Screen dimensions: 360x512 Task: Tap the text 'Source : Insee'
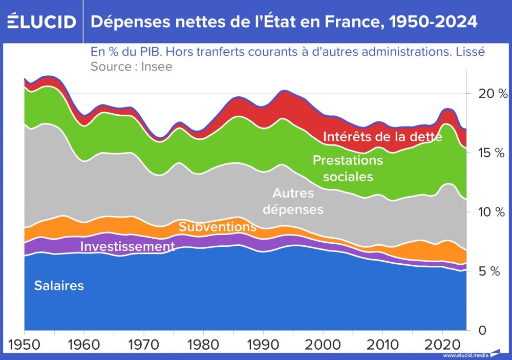pos(132,67)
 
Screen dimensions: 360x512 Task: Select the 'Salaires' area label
pos(59,286)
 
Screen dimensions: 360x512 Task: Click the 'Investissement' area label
pos(127,247)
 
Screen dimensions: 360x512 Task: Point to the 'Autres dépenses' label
pos(297,201)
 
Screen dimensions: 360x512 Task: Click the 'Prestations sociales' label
pos(348,168)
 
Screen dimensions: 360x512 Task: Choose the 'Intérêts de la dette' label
pos(382,137)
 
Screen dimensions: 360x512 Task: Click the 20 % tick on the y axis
pos(487,94)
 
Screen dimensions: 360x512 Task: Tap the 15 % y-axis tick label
pos(488,153)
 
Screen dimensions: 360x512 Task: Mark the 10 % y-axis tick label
pos(488,212)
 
